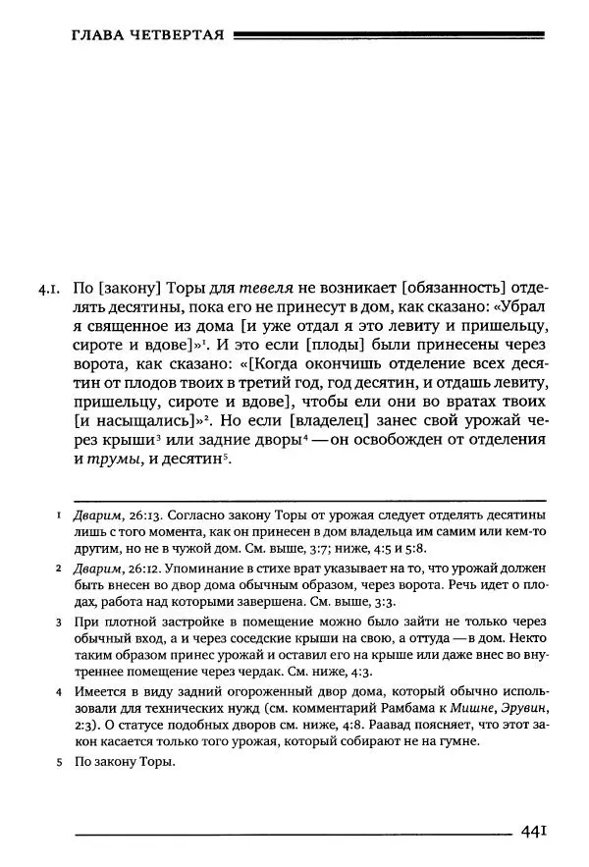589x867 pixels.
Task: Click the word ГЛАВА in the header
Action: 96,37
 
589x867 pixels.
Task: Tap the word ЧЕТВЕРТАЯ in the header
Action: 175,37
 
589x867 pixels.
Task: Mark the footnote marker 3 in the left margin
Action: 59,623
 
